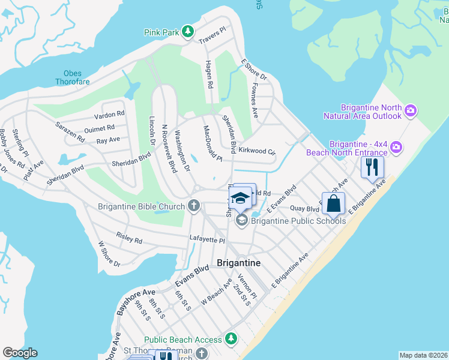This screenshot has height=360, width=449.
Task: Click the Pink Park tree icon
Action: tap(188, 31)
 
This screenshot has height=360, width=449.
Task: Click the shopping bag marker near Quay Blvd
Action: tap(333, 203)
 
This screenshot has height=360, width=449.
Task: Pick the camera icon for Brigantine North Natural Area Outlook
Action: tap(411, 110)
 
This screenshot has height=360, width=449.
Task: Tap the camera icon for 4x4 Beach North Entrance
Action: tap(396, 146)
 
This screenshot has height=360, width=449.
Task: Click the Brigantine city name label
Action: tap(238, 263)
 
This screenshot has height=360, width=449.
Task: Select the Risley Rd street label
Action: tap(129, 240)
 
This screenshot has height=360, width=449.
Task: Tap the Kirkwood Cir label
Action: tap(257, 151)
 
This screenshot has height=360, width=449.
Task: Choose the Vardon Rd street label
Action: tap(109, 113)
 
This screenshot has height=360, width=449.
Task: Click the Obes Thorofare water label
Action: tap(72, 77)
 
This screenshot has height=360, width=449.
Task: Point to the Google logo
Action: tap(20, 352)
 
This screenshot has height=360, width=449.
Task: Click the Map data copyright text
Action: tap(424, 355)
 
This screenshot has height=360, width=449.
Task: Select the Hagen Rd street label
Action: tap(209, 75)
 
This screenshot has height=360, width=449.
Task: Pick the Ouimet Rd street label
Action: tap(99, 128)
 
